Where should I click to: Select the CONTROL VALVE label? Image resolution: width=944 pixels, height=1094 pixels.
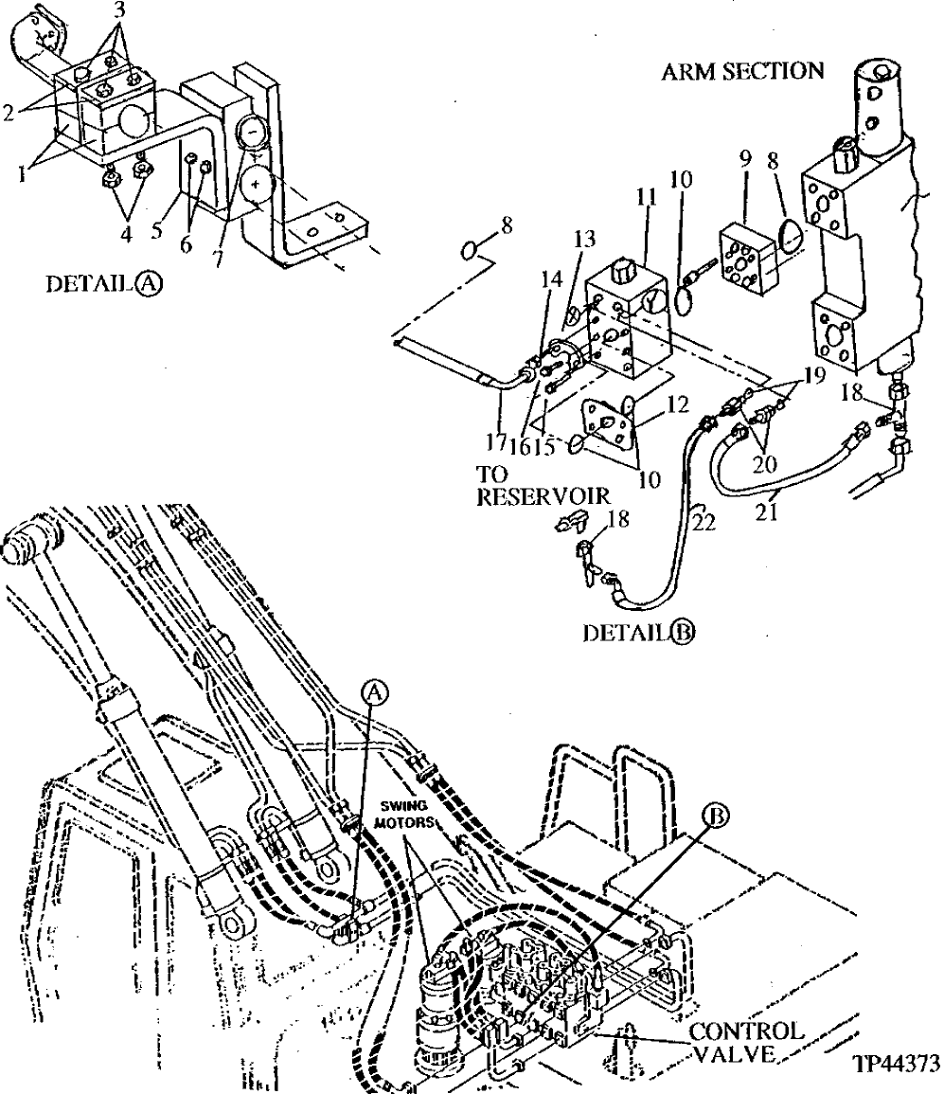tap(745, 1041)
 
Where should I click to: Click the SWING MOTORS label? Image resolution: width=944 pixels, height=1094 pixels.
tap(408, 815)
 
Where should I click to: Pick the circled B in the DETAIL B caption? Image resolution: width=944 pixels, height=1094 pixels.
tap(681, 634)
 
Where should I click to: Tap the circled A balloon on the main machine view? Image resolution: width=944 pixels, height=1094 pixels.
tap(375, 693)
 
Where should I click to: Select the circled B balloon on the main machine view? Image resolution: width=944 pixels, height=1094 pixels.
tap(717, 814)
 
